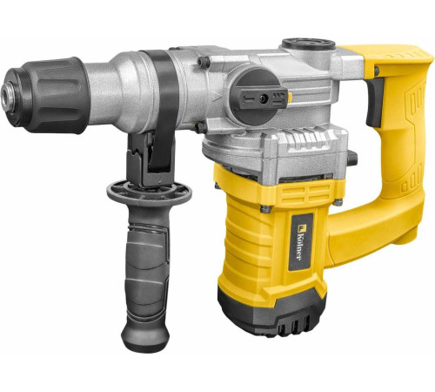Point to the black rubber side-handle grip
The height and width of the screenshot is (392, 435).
point(143,261)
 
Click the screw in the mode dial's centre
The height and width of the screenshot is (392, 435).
point(260,98)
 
